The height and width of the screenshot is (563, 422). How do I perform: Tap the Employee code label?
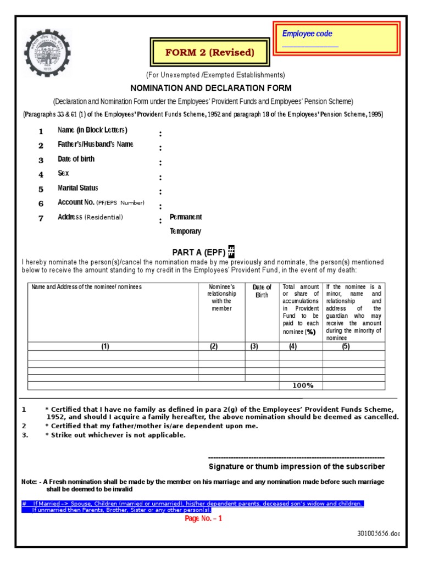307,34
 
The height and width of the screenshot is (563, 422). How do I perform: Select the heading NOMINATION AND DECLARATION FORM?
210,88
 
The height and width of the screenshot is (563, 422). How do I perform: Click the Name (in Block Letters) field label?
92,130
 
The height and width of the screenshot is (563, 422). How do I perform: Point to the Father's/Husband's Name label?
95,145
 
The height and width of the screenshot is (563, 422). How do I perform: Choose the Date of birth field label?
76,159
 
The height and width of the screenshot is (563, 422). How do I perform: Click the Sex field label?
63,173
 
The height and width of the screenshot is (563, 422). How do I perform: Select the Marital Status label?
77,188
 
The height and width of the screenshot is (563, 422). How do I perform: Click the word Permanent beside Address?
185,217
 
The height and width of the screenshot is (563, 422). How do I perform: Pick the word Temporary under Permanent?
185,231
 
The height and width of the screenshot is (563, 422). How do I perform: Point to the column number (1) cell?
104,346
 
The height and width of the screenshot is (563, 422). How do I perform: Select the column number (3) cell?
254,346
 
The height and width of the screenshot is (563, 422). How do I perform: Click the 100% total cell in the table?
303,385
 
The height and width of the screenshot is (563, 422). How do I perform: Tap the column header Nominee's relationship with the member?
222,297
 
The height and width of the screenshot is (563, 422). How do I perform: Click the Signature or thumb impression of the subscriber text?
297,467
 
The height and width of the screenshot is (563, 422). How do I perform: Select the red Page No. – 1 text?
203,518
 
